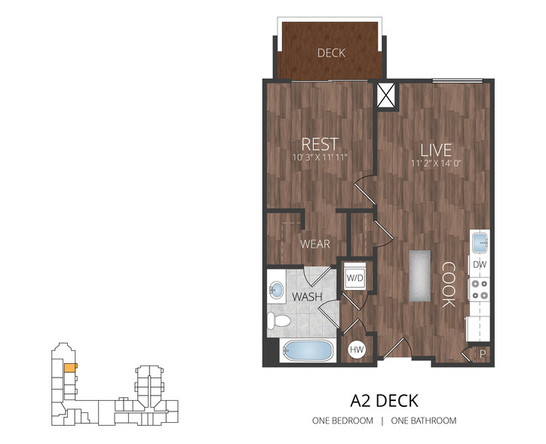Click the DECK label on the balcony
331,53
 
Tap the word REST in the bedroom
320,144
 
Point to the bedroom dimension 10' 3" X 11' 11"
321,158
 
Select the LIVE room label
436,150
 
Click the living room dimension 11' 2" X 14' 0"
436,163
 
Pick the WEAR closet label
314,244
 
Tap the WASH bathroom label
307,297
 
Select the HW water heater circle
357,350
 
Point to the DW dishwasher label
480,265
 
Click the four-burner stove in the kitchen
480,290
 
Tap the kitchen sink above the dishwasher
480,242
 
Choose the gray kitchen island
420,276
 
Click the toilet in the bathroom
278,321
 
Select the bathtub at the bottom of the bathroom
308,351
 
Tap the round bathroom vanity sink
277,289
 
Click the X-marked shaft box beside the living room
386,95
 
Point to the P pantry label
483,354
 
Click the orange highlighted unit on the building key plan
70,368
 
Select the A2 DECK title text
384,401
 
